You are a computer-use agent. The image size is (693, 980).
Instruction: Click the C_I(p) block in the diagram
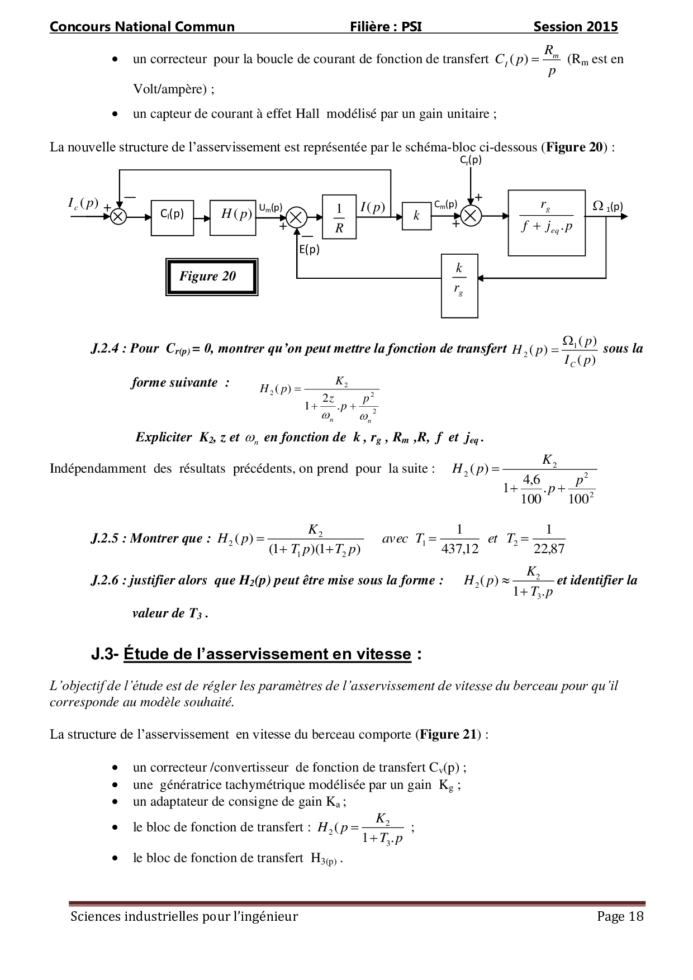coord(172,217)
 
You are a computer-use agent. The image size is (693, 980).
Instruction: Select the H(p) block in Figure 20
coord(232,217)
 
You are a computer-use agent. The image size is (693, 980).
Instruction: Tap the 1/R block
coord(339,217)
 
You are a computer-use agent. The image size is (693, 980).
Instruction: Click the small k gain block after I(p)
coord(416,216)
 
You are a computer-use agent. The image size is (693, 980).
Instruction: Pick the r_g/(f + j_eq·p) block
coord(547,222)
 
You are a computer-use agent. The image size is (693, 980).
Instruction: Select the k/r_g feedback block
coord(459,286)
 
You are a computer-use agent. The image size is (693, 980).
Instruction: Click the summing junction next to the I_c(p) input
coord(118,217)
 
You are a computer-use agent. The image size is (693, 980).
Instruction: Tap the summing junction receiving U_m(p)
coord(297,217)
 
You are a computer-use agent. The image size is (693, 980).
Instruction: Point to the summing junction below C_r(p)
coord(471,216)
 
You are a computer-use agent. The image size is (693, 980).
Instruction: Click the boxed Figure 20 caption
coord(211,277)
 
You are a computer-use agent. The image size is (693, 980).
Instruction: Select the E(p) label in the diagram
coord(309,250)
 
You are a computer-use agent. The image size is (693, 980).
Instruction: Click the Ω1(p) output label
coord(607,206)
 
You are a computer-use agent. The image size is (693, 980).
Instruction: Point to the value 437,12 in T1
coord(460,549)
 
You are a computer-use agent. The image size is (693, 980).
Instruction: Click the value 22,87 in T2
coord(549,549)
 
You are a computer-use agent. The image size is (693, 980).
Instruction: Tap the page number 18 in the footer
coord(637,916)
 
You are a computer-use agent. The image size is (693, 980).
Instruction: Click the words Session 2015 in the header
coord(576,26)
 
